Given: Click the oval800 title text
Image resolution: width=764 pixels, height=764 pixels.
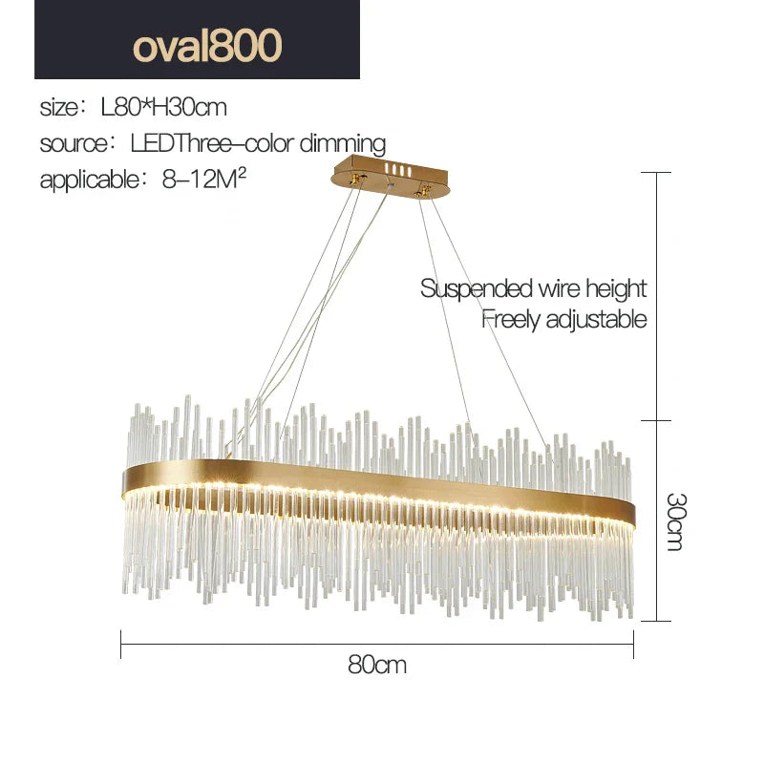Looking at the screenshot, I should click(x=207, y=45).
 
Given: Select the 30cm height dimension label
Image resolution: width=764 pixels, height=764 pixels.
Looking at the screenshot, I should click(x=675, y=521).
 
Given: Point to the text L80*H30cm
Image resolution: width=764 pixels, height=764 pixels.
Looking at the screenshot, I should click(x=163, y=106).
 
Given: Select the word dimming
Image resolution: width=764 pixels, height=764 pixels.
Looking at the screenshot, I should click(x=343, y=144).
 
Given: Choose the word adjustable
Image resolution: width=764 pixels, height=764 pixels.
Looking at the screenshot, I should click(x=596, y=319).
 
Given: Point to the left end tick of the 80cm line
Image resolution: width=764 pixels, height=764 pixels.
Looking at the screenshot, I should click(x=121, y=644).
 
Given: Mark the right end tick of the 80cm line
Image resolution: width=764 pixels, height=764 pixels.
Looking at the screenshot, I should click(x=634, y=644).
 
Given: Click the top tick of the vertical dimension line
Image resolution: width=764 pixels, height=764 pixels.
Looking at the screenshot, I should click(x=655, y=172).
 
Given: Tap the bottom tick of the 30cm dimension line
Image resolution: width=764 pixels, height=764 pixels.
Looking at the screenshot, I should click(x=655, y=621).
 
